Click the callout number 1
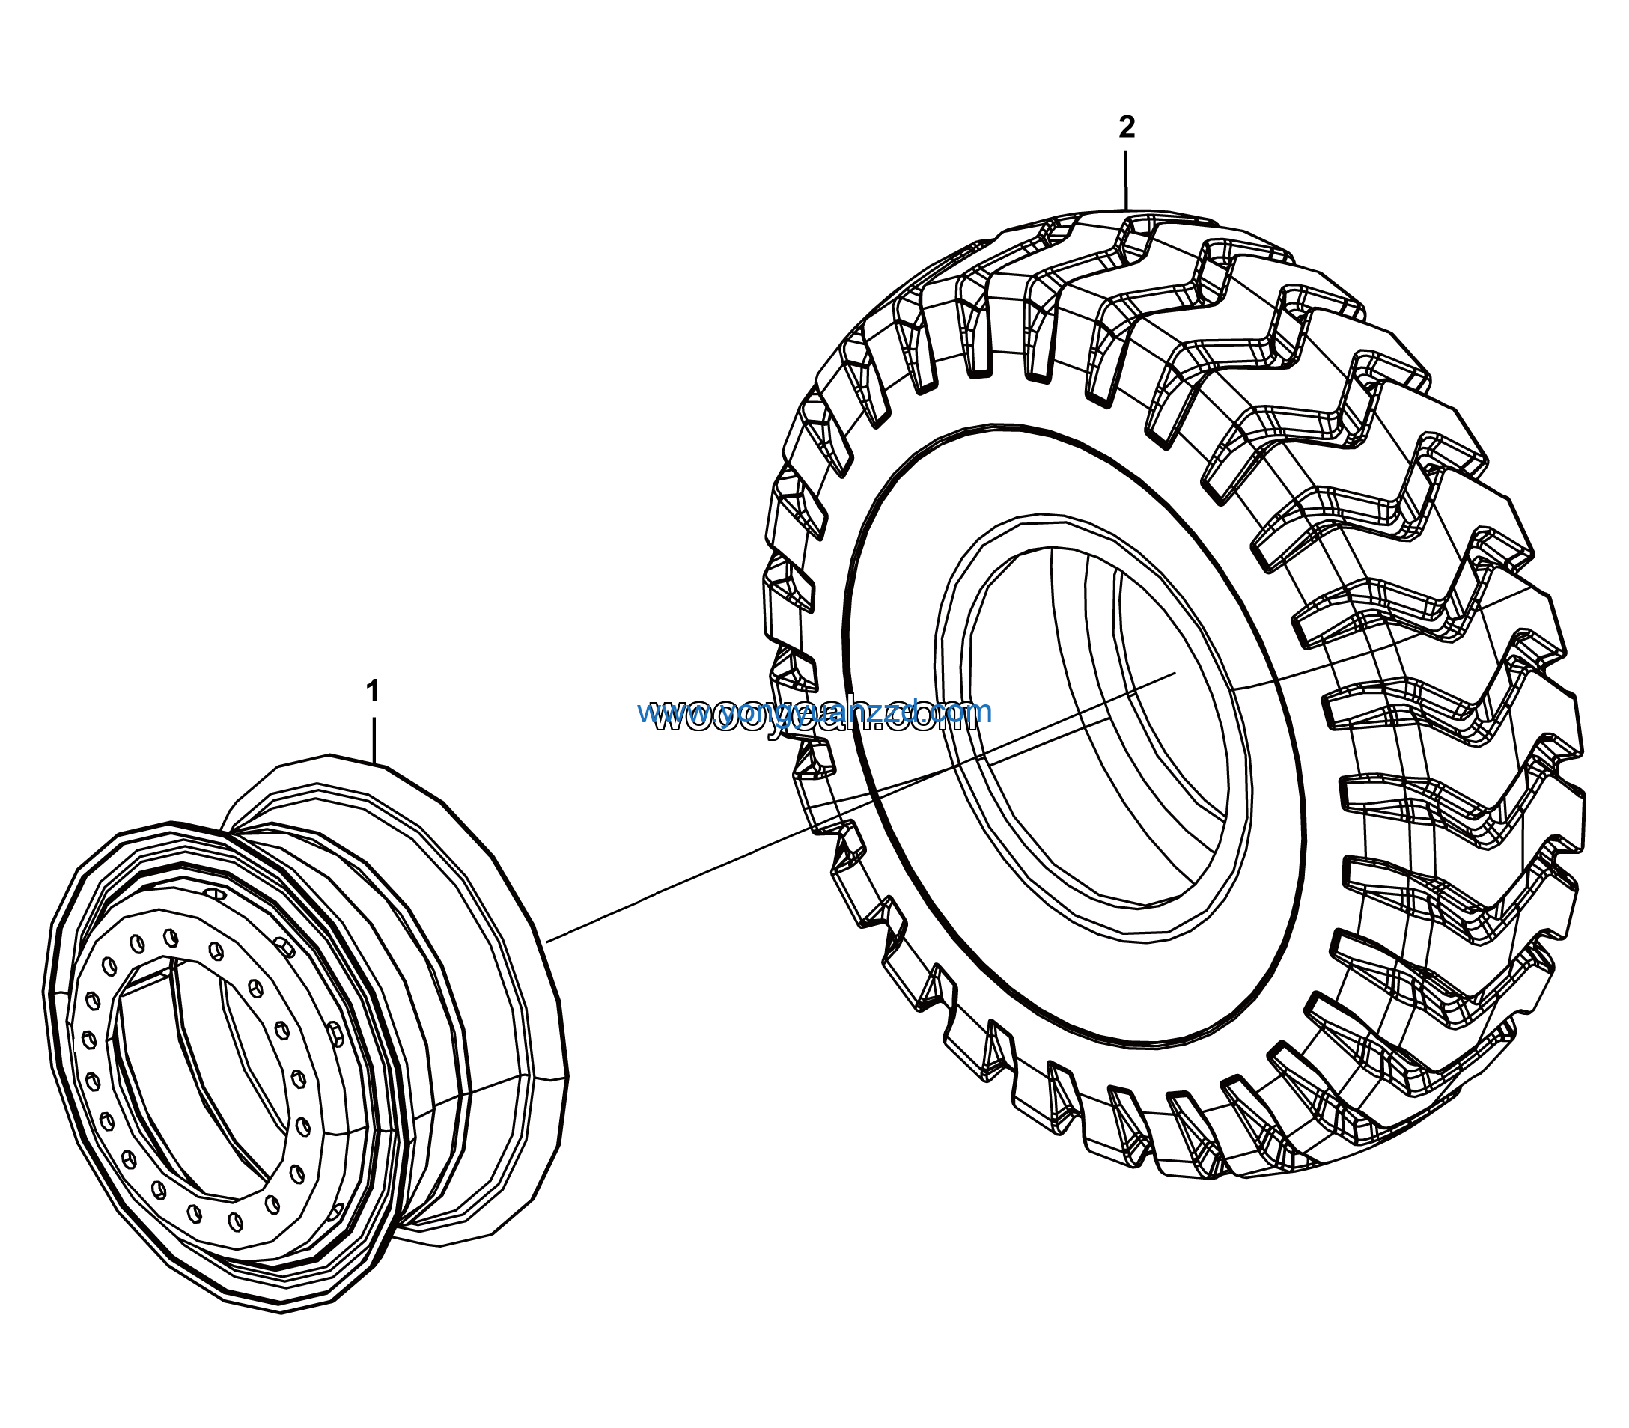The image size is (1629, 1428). pyautogui.click(x=372, y=692)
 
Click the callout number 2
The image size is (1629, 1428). pyautogui.click(x=1126, y=127)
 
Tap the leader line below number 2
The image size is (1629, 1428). pyautogui.click(x=1126, y=180)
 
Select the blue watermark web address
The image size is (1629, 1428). pyautogui.click(x=814, y=711)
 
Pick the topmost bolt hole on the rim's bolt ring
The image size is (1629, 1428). pyautogui.click(x=170, y=936)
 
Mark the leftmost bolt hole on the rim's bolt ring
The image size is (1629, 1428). pyautogui.click(x=88, y=1039)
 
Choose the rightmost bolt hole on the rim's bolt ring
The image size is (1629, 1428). pyautogui.click(x=303, y=1127)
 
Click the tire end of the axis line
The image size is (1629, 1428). pyautogui.click(x=1175, y=674)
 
